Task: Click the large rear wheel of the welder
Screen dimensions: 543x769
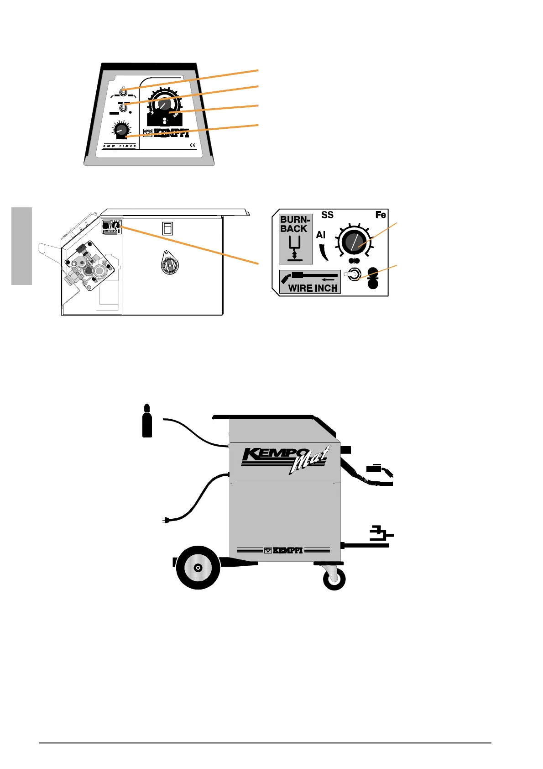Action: pyautogui.click(x=198, y=568)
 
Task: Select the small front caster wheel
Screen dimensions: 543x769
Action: pyautogui.click(x=334, y=579)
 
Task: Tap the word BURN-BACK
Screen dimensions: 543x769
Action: pyautogui.click(x=295, y=224)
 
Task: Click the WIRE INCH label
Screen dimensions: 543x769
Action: pyautogui.click(x=313, y=288)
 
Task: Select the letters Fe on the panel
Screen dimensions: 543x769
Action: pyautogui.click(x=381, y=215)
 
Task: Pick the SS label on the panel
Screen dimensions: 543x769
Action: pyautogui.click(x=327, y=215)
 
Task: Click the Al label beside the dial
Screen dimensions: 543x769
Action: pyautogui.click(x=320, y=235)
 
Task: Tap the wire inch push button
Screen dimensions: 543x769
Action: pyautogui.click(x=354, y=275)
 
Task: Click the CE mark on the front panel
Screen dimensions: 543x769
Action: pyautogui.click(x=193, y=146)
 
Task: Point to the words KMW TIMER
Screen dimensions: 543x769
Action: pyautogui.click(x=120, y=146)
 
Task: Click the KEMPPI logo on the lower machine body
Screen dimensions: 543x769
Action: pyautogui.click(x=284, y=550)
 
